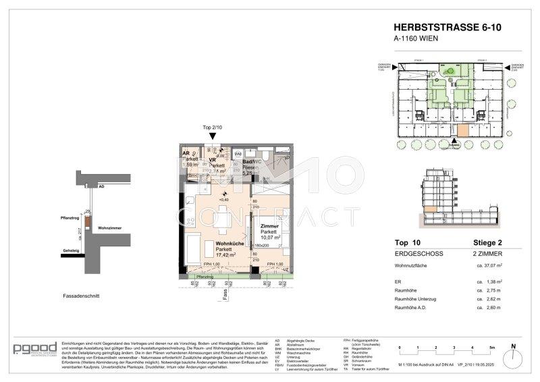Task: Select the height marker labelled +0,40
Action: (x=223, y=199)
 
